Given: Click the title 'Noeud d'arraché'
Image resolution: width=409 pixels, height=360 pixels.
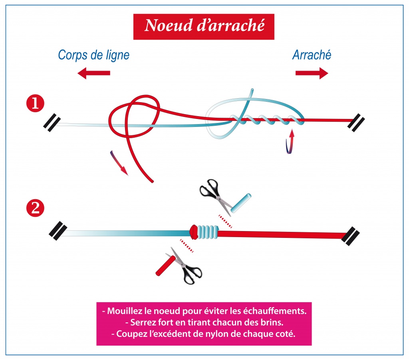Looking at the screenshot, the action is [x=204, y=26].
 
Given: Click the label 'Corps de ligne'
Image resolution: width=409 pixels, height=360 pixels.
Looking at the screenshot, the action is [x=93, y=55].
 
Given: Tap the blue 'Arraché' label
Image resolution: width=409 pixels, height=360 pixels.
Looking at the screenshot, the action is [x=312, y=55].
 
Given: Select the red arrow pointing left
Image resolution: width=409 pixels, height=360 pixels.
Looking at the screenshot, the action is [x=94, y=73].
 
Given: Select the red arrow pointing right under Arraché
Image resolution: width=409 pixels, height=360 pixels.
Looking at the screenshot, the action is [x=312, y=73].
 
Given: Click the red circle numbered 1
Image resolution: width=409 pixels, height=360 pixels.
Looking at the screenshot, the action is [x=35, y=103].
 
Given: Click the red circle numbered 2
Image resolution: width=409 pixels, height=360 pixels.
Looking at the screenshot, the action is [x=35, y=208].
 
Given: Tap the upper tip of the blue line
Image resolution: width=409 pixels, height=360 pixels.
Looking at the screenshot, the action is [x=252, y=90].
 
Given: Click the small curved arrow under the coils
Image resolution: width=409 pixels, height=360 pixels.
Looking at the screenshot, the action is [x=290, y=142].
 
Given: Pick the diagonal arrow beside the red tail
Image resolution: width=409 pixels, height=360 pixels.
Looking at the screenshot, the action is [x=119, y=163].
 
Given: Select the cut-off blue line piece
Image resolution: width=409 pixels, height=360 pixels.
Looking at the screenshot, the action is [x=241, y=203].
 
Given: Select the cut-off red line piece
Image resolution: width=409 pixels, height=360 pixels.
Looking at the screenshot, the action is [x=166, y=265].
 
